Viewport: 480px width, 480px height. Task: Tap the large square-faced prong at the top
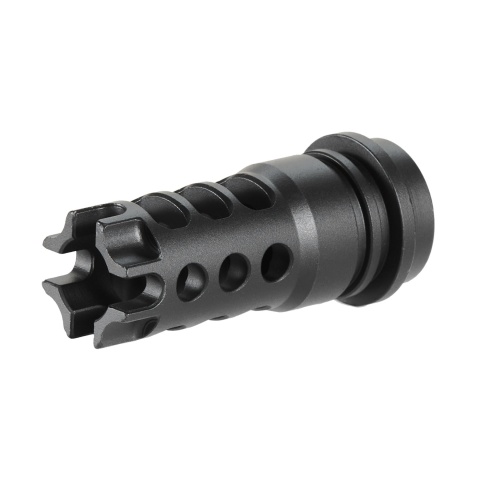click(124, 236)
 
